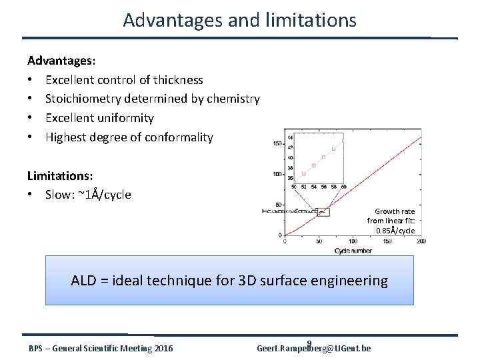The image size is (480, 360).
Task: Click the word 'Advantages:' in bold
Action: [x=61, y=61]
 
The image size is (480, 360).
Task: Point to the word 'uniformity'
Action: [x=127, y=118]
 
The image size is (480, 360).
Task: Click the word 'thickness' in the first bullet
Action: [x=178, y=80]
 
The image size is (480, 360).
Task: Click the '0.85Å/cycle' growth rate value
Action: [x=395, y=231]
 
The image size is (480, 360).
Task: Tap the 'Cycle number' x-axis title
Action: [x=353, y=251]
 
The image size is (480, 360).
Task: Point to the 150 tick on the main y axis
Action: [x=277, y=143]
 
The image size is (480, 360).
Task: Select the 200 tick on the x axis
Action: [x=421, y=242]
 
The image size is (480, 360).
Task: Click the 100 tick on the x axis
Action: [x=353, y=242]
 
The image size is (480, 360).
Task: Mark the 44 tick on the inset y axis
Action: [x=289, y=138]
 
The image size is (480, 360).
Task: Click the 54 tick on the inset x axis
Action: [x=314, y=187]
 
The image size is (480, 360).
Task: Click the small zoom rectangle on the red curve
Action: [x=323, y=212]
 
